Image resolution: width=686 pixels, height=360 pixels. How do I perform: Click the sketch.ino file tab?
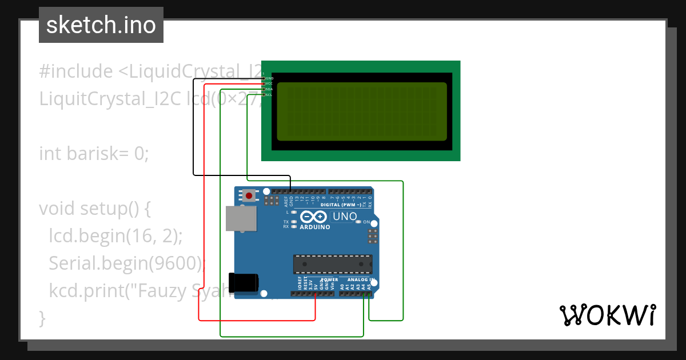click(101, 25)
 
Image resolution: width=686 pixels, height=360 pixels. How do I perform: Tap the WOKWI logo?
click(607, 315)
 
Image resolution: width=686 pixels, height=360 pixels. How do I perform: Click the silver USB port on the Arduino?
click(241, 218)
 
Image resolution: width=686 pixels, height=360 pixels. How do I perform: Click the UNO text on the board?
click(345, 217)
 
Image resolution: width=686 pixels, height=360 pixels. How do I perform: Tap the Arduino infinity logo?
click(313, 217)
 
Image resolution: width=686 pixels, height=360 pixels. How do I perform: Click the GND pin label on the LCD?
click(269, 78)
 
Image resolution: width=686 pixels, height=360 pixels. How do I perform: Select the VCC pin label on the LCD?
click(269, 83)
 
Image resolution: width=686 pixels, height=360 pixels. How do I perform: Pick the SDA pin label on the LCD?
click(269, 89)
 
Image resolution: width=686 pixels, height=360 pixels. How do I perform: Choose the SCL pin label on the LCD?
click(269, 95)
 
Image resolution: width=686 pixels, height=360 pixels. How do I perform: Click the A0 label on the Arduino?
click(342, 286)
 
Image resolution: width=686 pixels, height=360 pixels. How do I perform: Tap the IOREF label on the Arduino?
click(300, 283)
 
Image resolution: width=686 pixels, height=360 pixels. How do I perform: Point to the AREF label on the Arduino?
click(286, 200)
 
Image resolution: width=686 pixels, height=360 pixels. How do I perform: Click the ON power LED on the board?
click(358, 222)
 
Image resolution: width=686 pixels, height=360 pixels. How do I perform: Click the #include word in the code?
click(76, 71)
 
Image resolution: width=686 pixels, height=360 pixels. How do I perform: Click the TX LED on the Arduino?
click(293, 222)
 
